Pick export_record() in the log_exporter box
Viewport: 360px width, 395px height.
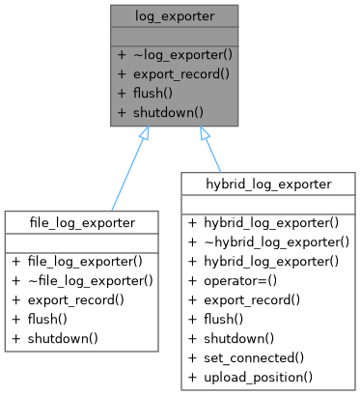pyautogui.click(x=179, y=73)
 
